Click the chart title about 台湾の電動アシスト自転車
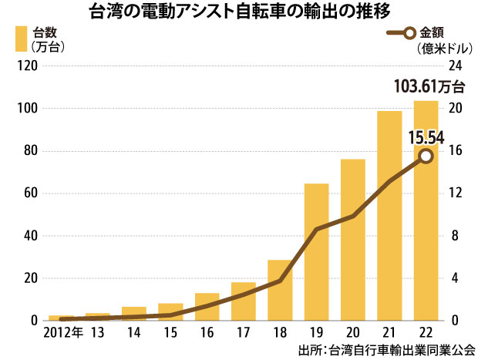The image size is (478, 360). (238, 12)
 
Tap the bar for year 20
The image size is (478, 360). (352, 239)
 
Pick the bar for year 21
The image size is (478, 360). (389, 215)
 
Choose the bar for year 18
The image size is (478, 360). (280, 290)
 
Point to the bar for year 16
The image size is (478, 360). (207, 306)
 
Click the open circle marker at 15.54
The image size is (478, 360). (426, 156)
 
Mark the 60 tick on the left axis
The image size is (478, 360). (29, 193)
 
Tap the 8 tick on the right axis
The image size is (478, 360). (453, 235)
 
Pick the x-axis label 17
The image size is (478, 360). (244, 333)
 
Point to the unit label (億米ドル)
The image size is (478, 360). (445, 49)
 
